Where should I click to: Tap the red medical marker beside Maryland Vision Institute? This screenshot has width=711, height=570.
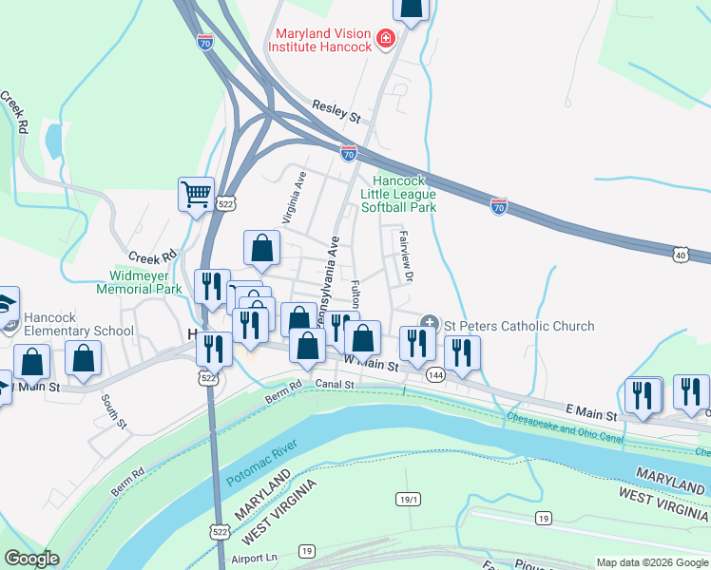pyautogui.click(x=385, y=39)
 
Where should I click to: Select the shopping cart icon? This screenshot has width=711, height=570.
pyautogui.click(x=196, y=194)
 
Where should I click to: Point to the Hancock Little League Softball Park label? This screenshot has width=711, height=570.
pyautogui.click(x=404, y=193)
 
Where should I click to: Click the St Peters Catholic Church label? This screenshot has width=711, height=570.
pyautogui.click(x=519, y=326)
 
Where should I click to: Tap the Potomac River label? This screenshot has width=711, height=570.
pyautogui.click(x=258, y=465)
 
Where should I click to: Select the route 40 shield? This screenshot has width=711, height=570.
pyautogui.click(x=680, y=255)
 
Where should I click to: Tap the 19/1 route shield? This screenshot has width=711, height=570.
pyautogui.click(x=408, y=499)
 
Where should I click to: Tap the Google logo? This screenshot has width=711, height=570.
pyautogui.click(x=32, y=559)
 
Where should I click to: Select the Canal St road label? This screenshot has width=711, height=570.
pyautogui.click(x=335, y=385)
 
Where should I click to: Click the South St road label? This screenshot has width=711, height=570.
pyautogui.click(x=113, y=408)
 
